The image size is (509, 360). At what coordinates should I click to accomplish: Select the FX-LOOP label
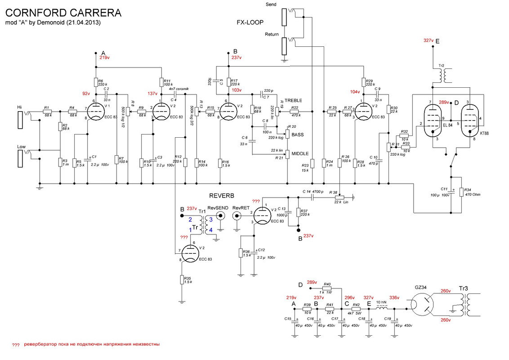coord(250,22)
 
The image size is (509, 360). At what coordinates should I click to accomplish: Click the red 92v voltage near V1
coord(86,94)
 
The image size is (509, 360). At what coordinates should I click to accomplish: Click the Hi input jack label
coord(19,107)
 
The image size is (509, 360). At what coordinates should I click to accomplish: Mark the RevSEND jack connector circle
coord(220,216)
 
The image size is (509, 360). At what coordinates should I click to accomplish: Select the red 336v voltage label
coord(394,298)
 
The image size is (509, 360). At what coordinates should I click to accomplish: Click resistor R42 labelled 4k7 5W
coord(356,309)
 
